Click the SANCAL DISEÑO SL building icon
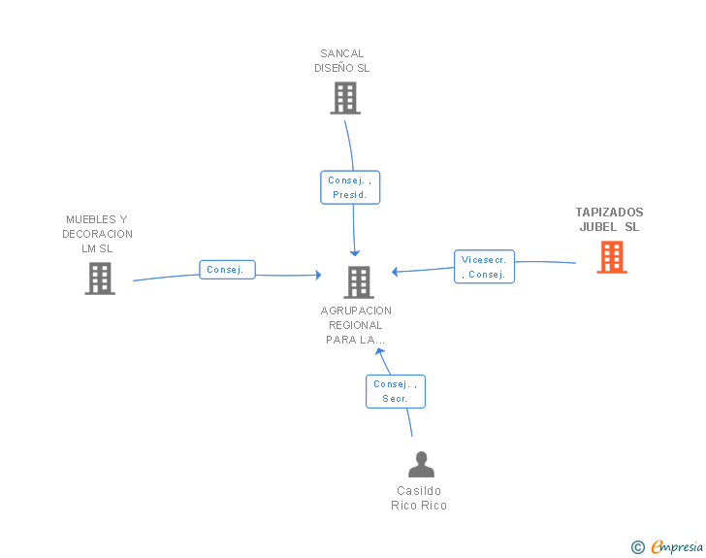(345, 98)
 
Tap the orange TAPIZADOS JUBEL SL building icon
(612, 257)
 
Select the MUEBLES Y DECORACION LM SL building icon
(100, 279)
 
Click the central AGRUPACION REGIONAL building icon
(359, 282)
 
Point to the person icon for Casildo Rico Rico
(422, 464)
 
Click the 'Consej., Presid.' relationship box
(350, 187)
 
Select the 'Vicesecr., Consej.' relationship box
(484, 267)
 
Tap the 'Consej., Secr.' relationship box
(396, 391)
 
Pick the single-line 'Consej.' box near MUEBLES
(227, 270)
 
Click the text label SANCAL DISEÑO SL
(342, 61)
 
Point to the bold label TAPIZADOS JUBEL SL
(610, 219)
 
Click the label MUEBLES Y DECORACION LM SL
(97, 234)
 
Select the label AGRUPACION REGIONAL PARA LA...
(356, 325)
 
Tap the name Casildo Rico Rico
(419, 498)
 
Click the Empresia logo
(677, 546)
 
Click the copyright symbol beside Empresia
(637, 547)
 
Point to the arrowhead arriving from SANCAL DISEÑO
(355, 253)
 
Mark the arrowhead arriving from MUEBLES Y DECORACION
(318, 275)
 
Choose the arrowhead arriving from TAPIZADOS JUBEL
(395, 272)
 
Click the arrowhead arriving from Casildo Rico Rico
(379, 351)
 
